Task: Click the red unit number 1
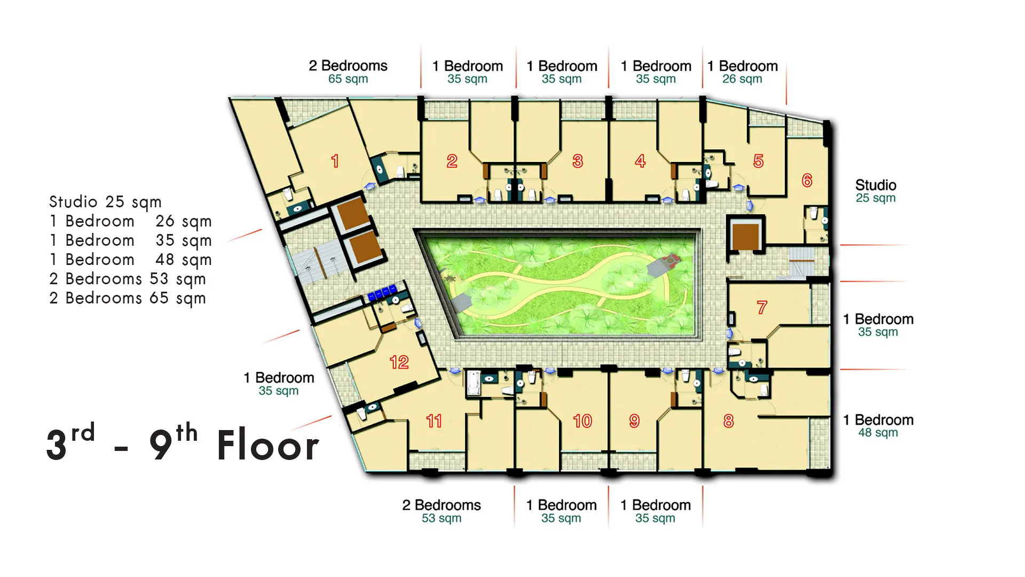point(335,161)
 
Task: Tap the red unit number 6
point(807,180)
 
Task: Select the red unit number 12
point(399,362)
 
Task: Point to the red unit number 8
point(729,421)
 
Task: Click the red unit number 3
point(578,161)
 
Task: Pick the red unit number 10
point(582,421)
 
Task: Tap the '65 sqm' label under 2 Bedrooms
point(348,79)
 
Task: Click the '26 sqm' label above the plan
point(742,79)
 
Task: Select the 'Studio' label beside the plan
point(876,185)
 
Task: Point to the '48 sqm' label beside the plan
point(878,433)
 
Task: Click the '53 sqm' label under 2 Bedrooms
point(441,518)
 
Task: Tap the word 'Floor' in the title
point(268,445)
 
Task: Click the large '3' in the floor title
point(57,445)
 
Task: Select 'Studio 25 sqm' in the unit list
point(105,202)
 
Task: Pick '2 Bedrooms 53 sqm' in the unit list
point(128,279)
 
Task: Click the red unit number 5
point(759,161)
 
